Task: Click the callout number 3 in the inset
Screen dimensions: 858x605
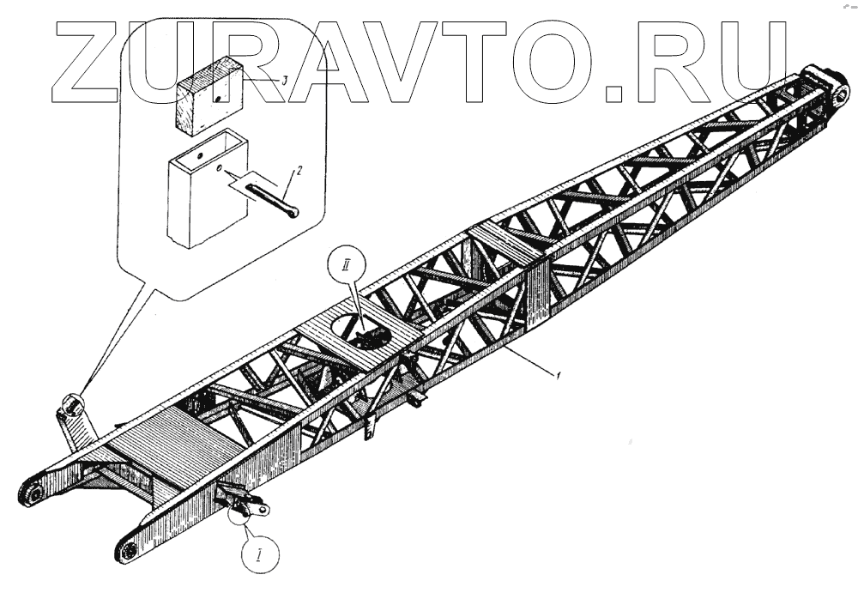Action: (283, 79)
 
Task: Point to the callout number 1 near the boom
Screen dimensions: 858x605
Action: (559, 375)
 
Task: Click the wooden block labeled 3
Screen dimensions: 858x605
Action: (211, 94)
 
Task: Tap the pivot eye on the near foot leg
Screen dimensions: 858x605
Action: (130, 549)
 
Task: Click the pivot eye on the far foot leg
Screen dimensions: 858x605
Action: (33, 495)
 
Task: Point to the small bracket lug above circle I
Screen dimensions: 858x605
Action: (245, 503)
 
